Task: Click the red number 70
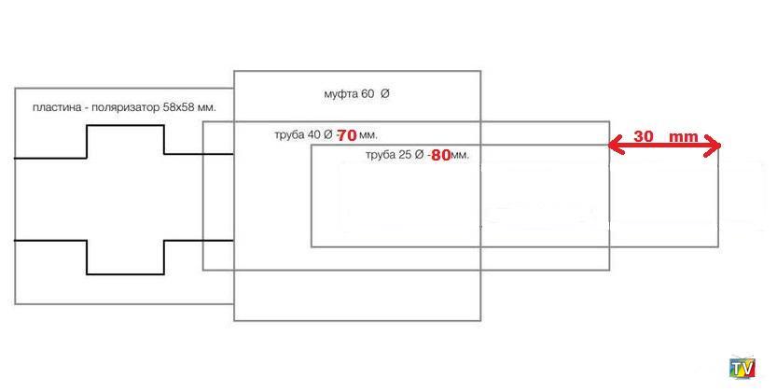click(347, 135)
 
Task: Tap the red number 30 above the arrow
click(643, 136)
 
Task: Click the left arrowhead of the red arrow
click(614, 145)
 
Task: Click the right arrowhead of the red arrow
click(714, 145)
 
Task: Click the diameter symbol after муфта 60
click(385, 94)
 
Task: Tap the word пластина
click(54, 108)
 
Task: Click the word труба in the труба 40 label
click(289, 135)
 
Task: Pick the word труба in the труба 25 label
click(381, 155)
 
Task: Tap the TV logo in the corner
click(742, 368)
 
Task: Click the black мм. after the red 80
click(460, 156)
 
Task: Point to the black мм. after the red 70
click(368, 136)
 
